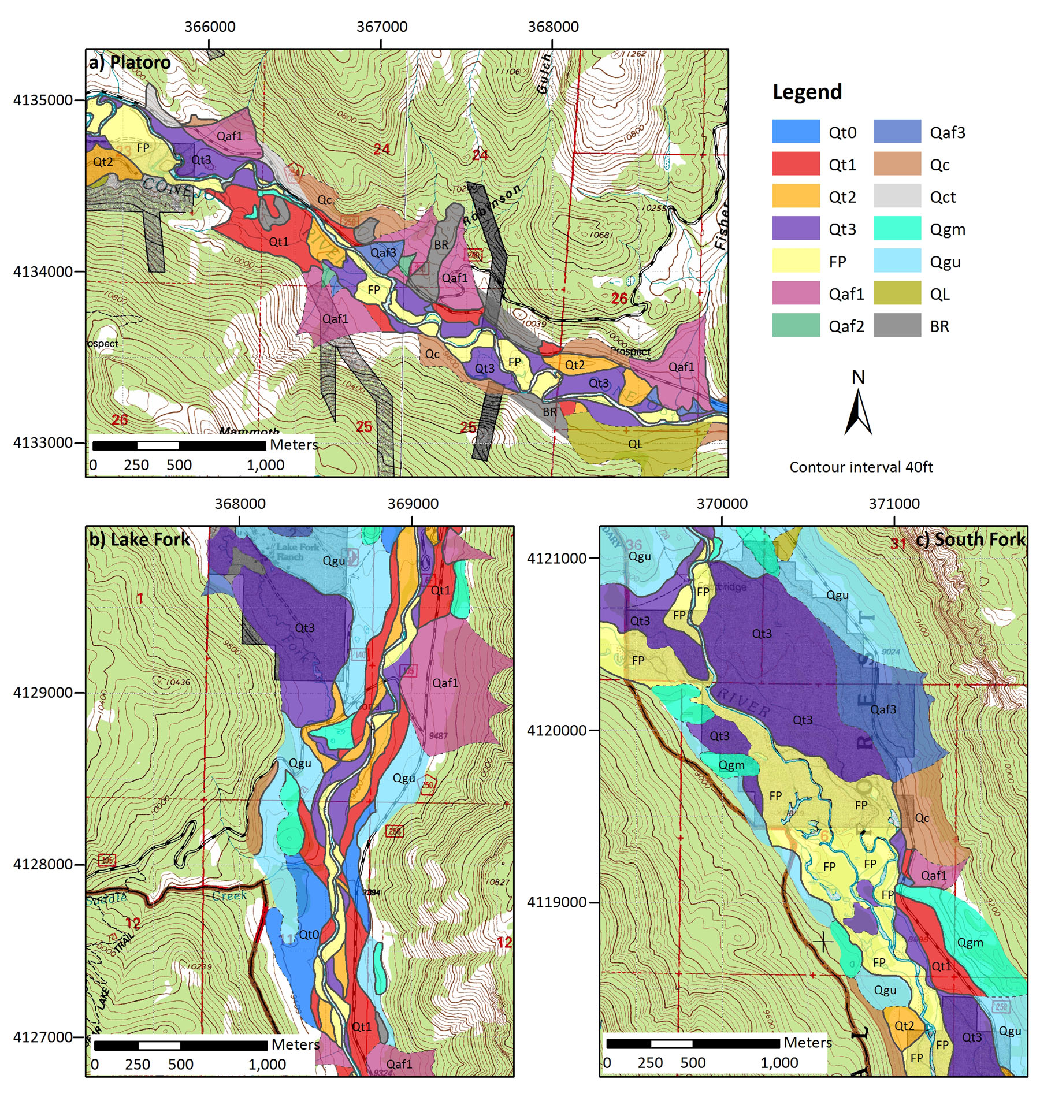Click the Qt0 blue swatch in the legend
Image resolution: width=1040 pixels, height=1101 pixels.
click(796, 131)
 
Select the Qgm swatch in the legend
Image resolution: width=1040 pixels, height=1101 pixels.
click(896, 228)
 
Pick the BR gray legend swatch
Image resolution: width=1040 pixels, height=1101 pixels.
click(896, 325)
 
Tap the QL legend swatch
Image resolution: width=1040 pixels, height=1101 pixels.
click(896, 293)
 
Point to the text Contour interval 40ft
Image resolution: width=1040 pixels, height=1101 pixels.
click(860, 467)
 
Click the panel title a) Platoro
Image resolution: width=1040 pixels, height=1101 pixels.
click(129, 62)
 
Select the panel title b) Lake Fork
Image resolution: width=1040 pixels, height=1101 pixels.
click(139, 540)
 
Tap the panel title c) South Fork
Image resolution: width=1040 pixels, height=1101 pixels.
click(970, 540)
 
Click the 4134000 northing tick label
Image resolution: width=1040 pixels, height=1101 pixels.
click(43, 271)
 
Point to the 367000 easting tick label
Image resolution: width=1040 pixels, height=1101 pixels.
click(381, 27)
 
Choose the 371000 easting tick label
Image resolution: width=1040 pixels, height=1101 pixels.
click(893, 504)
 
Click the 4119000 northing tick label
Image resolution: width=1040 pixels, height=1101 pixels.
click(556, 902)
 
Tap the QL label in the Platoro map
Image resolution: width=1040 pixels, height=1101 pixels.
click(635, 444)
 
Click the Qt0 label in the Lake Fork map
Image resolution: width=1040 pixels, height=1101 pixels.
click(309, 934)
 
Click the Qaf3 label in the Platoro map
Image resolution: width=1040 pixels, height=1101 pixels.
click(383, 252)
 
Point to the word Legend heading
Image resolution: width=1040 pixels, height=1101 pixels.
click(807, 92)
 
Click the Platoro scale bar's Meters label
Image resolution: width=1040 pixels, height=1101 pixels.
click(294, 444)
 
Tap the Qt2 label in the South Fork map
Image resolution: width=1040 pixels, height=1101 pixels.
click(904, 1026)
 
